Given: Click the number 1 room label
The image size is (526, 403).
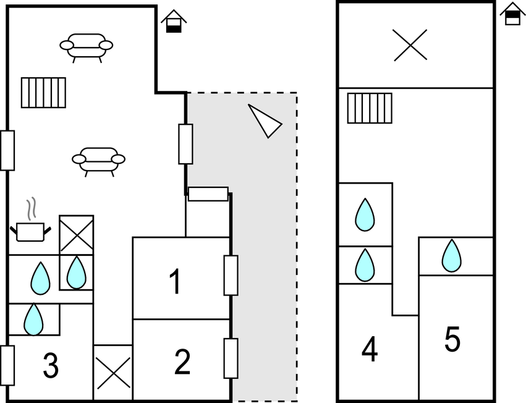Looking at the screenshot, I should [x=175, y=281].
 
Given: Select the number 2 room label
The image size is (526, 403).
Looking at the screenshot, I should [x=182, y=362].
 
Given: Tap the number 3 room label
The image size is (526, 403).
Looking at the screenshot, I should [x=51, y=366].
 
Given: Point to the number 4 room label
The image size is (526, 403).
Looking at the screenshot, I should [x=370, y=350].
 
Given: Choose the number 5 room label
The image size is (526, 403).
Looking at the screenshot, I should [x=452, y=339].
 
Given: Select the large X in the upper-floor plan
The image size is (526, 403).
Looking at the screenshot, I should [x=410, y=45].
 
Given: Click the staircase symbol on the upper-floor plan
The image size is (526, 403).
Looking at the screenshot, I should [x=370, y=108].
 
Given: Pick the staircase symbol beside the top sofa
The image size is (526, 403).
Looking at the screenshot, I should [x=43, y=92].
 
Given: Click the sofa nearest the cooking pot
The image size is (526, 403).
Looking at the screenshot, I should [x=98, y=159].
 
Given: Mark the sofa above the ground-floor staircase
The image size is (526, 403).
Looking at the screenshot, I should [x=87, y=46].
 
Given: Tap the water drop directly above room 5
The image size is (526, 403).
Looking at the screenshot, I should [x=452, y=255].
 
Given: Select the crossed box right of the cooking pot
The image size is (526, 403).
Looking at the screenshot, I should [x=76, y=234].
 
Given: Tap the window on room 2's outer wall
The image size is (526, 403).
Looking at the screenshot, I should [x=231, y=358].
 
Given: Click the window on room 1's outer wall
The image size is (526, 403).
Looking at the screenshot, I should [x=231, y=275].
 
